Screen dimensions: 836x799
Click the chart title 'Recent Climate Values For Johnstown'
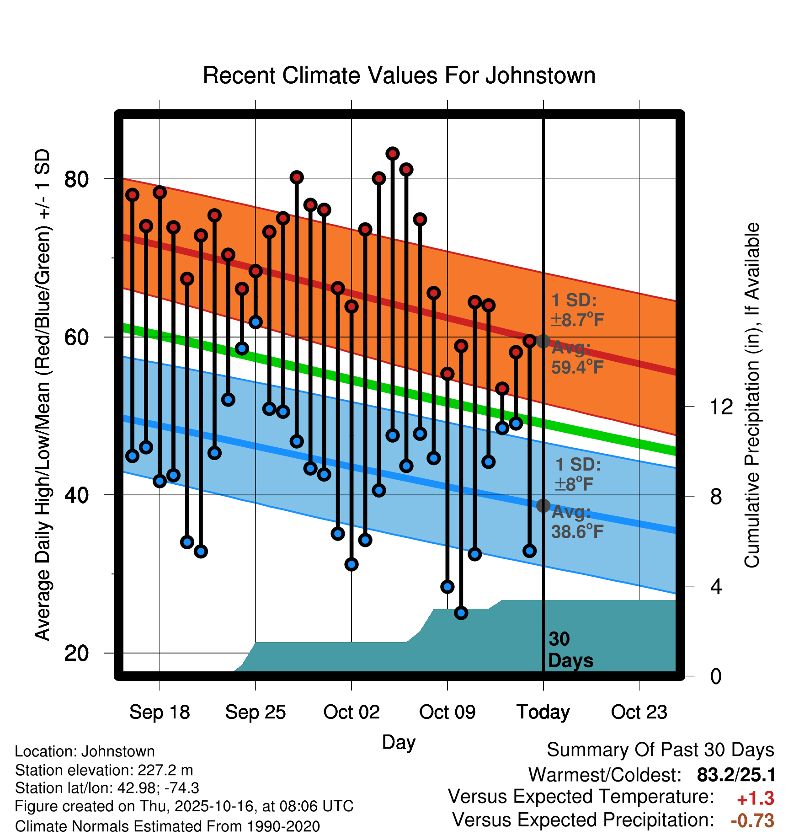(399, 75)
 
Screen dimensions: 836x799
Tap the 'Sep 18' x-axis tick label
(160, 712)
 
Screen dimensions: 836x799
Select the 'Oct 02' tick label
(351, 712)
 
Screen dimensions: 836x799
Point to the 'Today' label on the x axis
(543, 712)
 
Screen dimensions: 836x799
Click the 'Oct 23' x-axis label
(639, 712)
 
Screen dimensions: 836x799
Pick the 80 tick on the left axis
(76, 179)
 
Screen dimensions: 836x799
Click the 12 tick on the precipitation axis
(721, 407)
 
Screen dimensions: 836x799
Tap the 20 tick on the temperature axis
(76, 653)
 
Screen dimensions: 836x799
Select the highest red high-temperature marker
(392, 154)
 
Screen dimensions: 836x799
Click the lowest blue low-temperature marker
(461, 613)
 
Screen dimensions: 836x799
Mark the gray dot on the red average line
(543, 341)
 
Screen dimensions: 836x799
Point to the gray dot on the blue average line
(543, 505)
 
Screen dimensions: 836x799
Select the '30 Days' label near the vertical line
(570, 650)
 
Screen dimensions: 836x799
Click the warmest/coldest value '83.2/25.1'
(736, 775)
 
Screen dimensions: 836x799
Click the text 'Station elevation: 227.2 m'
(104, 770)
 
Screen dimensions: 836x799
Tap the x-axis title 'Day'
(399, 742)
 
